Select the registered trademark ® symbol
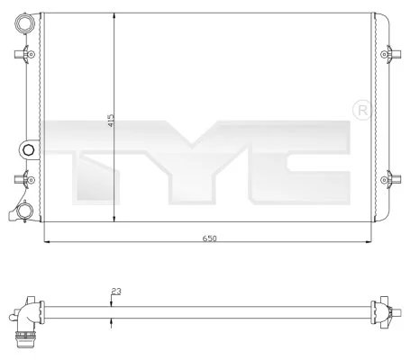364,110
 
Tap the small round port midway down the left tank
27,148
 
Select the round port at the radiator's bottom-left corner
26,212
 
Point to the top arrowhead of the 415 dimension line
112,15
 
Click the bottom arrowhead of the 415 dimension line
112,220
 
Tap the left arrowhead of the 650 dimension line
47,243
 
